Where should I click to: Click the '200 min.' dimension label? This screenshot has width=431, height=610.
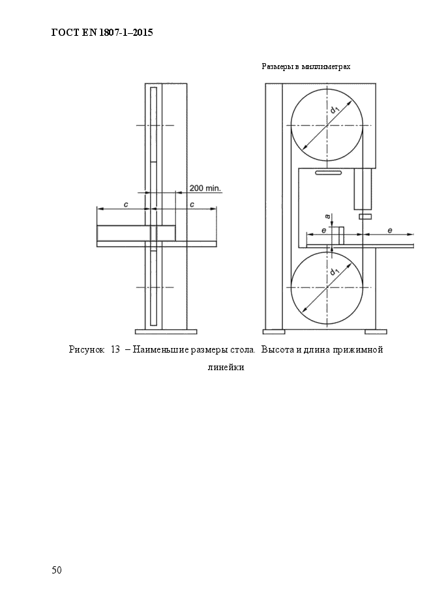[x=205, y=188]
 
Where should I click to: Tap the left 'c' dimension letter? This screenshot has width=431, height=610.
[x=126, y=205]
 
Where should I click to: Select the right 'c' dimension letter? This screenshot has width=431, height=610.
[x=192, y=205]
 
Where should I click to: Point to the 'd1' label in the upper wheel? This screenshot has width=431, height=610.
[x=335, y=110]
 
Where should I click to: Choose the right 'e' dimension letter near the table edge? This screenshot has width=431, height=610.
[x=390, y=230]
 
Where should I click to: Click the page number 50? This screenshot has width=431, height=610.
[x=57, y=570]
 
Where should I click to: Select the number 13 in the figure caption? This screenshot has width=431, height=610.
[x=115, y=350]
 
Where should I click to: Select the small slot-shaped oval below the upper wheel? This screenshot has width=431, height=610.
[x=327, y=173]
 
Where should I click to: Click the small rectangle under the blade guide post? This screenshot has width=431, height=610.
[x=364, y=216]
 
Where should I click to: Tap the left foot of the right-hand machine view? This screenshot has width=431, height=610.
[x=273, y=331]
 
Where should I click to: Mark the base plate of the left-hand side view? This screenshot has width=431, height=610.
[x=166, y=330]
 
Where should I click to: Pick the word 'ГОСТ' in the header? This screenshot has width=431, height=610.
[x=64, y=32]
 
